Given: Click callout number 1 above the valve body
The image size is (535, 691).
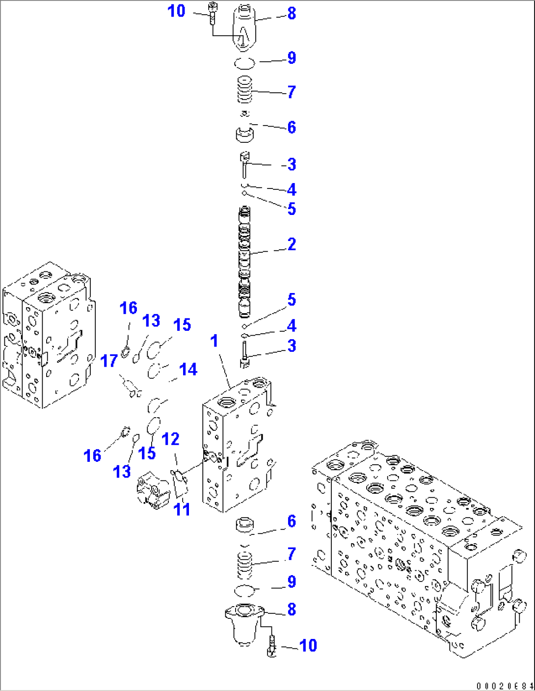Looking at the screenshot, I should point(214,341).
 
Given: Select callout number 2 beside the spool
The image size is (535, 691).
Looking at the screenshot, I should point(292,244).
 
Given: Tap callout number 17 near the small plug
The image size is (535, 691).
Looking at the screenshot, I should point(109,361).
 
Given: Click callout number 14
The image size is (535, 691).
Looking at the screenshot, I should point(188,369).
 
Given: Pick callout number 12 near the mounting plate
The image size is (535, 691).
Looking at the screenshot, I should point(171,439).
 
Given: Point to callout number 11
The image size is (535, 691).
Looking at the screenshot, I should point(182,509).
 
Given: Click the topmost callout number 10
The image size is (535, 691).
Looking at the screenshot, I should point(176,11).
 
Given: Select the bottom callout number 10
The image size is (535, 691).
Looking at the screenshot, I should point(308,645).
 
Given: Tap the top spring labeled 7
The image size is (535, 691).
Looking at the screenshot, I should point(245,90).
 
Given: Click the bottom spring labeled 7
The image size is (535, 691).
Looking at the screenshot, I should point(245,565).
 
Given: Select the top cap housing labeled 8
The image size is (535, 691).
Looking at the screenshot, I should point(244,28).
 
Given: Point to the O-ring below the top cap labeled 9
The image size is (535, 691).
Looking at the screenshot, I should point(244,63).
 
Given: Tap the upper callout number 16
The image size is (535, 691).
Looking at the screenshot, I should point(129,308).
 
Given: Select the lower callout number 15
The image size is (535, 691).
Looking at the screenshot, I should point(147,452).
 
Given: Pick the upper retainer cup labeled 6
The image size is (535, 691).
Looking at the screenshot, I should point(244,134).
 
